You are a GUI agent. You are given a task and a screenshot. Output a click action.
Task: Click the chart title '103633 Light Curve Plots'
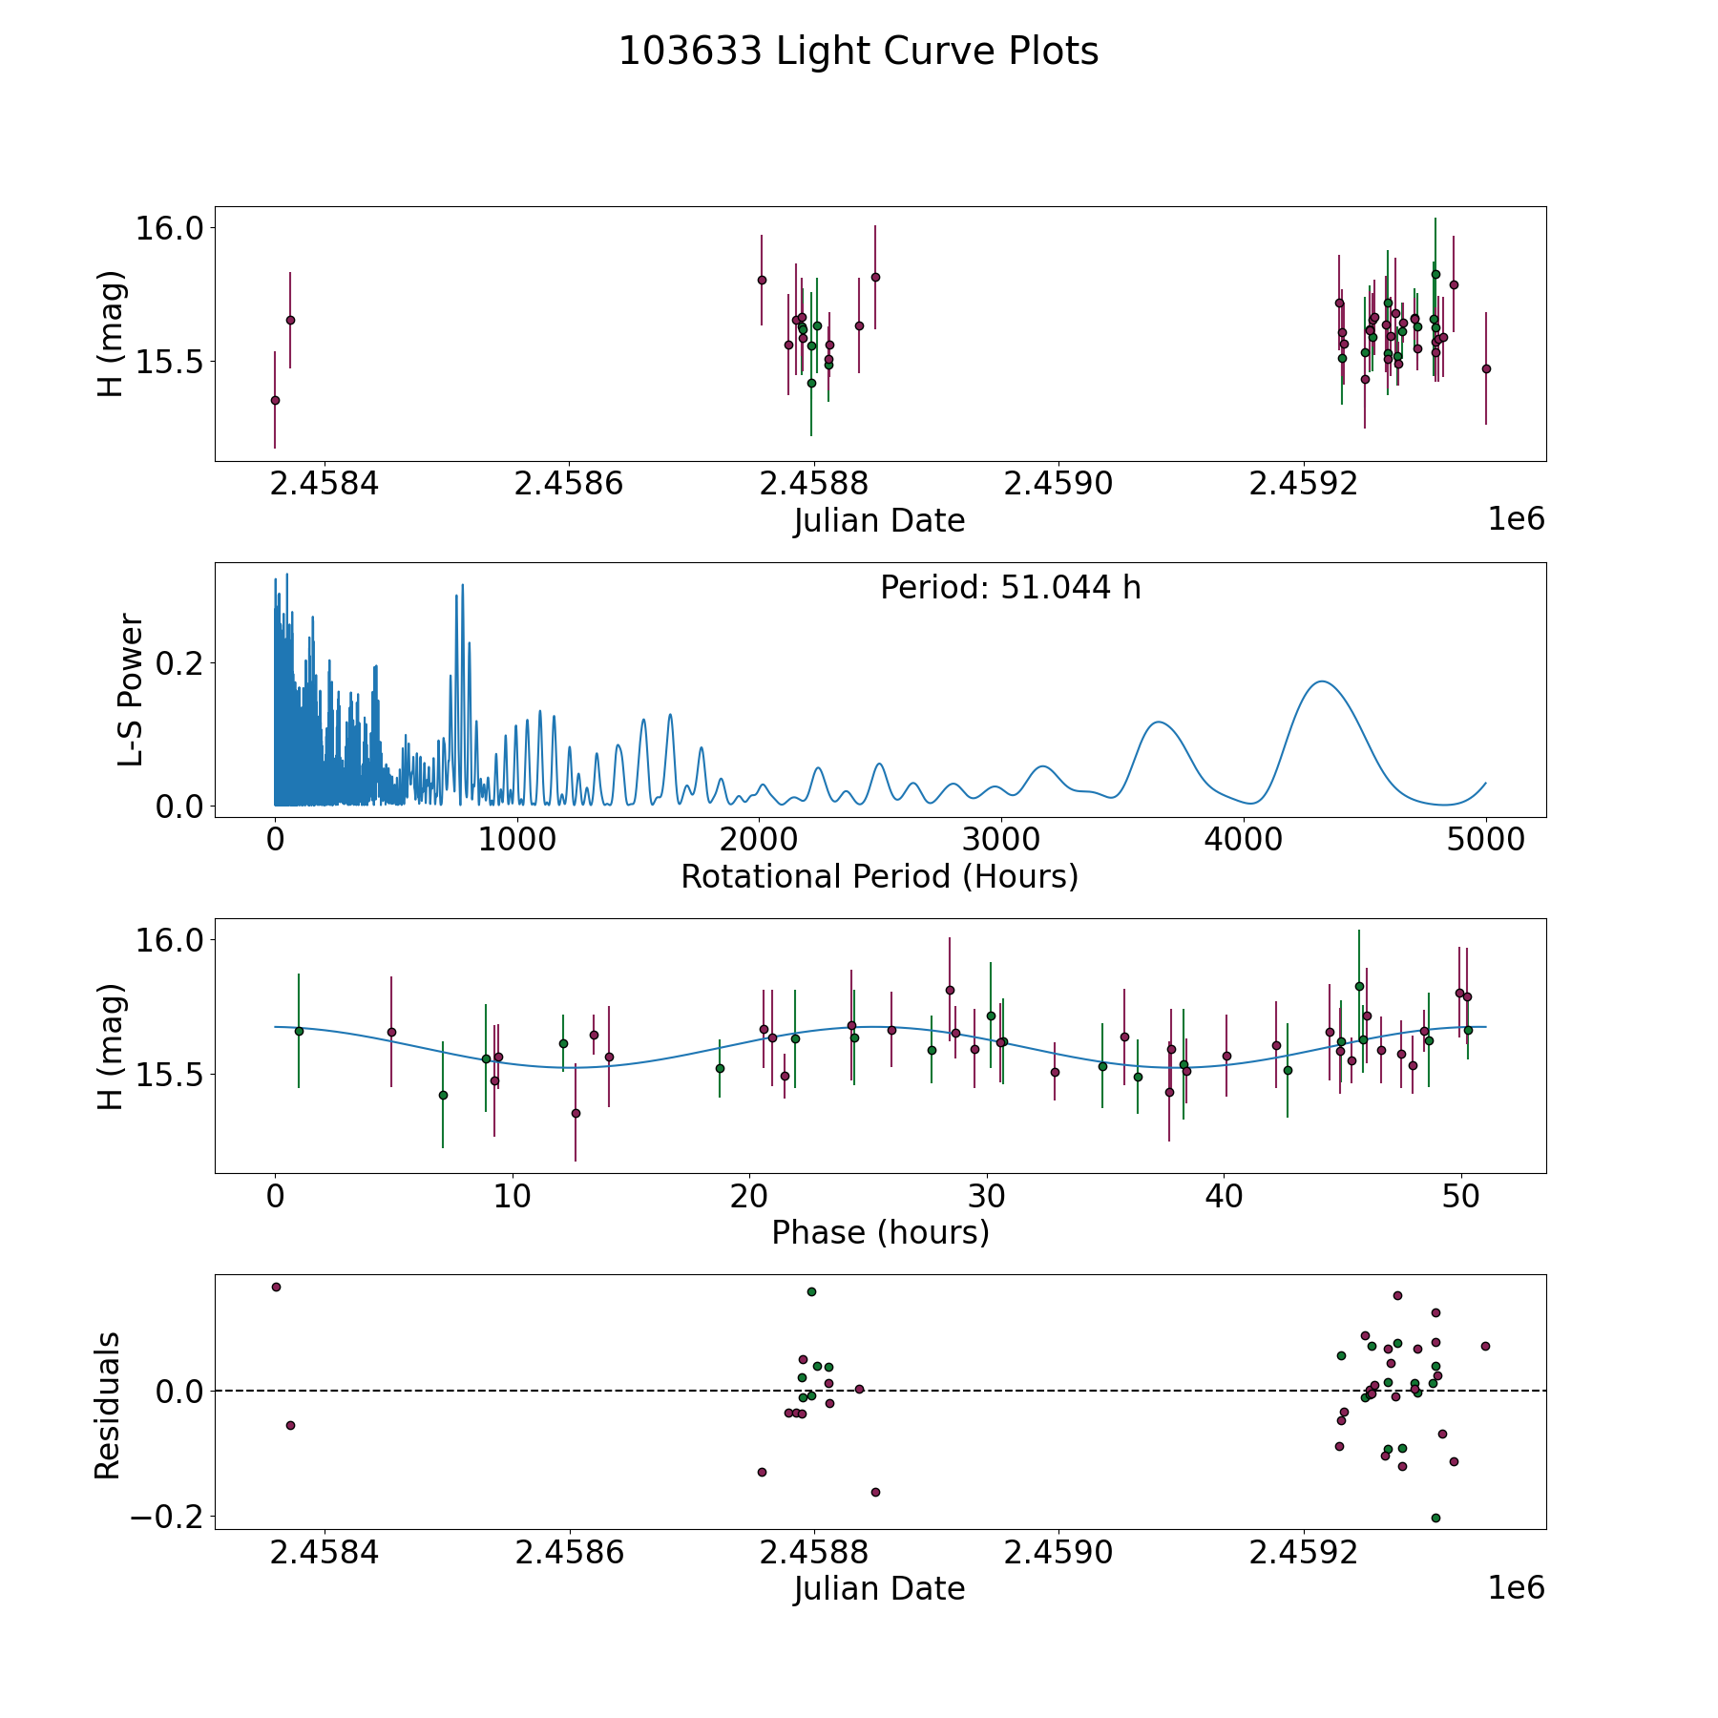tap(858, 52)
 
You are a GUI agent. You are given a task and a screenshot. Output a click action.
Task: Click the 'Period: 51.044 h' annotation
tap(1010, 588)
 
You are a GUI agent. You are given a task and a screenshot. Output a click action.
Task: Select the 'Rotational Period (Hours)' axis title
tap(879, 876)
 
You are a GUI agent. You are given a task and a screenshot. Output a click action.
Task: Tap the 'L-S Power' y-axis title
tap(131, 690)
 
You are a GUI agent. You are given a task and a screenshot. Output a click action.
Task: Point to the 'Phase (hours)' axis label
tap(880, 1232)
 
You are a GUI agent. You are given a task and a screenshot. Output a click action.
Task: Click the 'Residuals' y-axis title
tap(108, 1405)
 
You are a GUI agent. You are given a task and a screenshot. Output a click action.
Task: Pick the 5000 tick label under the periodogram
tap(1485, 839)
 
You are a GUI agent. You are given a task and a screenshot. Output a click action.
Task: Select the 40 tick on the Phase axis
tap(1224, 1195)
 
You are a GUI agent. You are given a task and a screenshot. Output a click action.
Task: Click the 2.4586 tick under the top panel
tap(569, 484)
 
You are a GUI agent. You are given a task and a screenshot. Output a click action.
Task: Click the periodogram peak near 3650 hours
tap(1159, 723)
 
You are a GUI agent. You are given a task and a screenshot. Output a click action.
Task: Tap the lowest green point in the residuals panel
tap(1435, 1518)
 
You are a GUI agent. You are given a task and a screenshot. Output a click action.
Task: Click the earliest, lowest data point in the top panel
tap(275, 400)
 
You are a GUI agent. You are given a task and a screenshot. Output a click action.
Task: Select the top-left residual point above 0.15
tap(276, 1287)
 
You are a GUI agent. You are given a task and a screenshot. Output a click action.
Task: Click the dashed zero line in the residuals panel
tap(954, 1391)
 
